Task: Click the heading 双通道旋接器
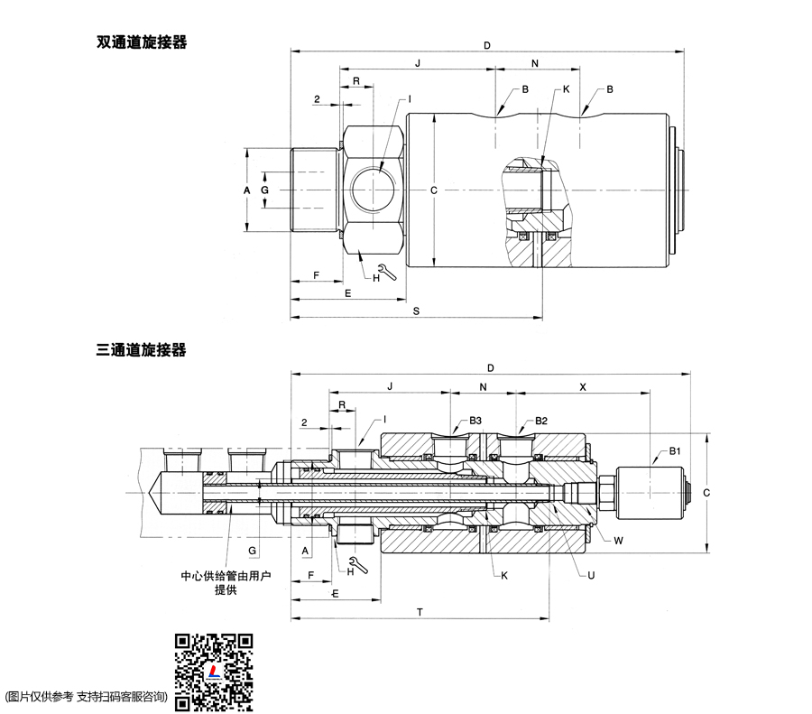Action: point(142,42)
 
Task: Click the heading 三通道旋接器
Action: point(142,349)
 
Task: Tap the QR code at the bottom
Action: point(214,672)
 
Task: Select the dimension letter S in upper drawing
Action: point(416,311)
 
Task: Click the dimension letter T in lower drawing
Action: point(420,611)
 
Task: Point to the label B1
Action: point(675,450)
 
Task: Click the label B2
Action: point(541,421)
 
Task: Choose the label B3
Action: point(475,421)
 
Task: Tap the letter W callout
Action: point(618,542)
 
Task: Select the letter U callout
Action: point(590,574)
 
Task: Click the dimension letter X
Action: point(582,385)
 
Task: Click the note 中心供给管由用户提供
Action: point(226,582)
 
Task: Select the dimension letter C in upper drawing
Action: point(434,190)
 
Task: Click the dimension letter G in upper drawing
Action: point(264,191)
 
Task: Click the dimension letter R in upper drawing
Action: point(356,81)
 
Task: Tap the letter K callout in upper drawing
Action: point(566,89)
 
